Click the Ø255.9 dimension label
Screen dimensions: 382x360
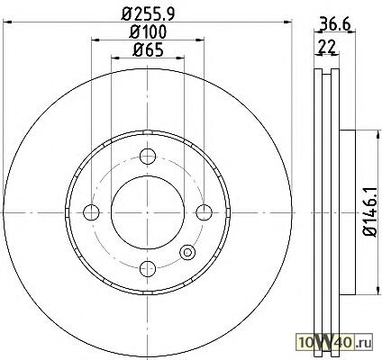[148, 13]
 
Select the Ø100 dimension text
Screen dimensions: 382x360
[148, 31]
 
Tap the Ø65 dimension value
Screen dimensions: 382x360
[148, 49]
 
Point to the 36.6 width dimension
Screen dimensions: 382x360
[335, 24]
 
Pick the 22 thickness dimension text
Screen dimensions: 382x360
[327, 47]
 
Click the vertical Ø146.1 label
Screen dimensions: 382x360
[369, 211]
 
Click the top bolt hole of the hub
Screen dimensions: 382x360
[148, 156]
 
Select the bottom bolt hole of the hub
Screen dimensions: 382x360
[148, 268]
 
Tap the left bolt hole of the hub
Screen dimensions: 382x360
[91, 212]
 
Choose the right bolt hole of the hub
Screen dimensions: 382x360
[204, 212]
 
